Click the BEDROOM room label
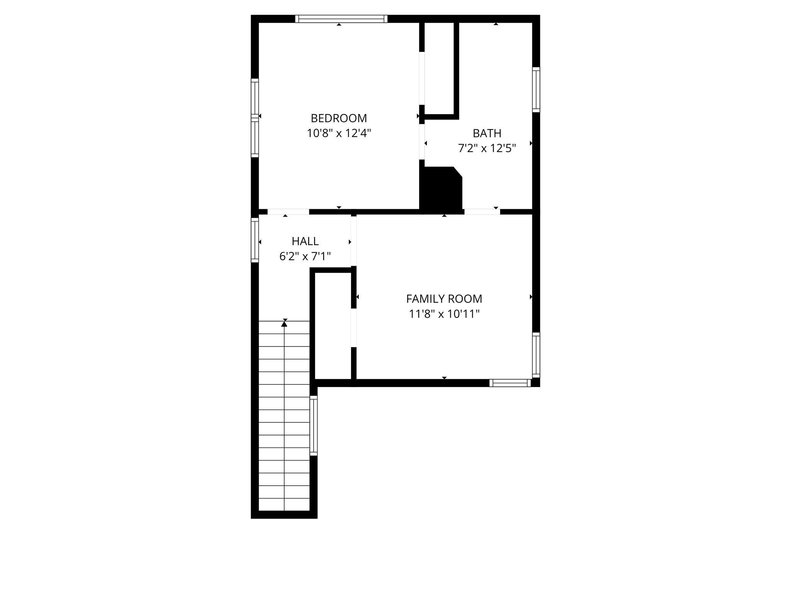339,118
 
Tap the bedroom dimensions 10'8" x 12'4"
339,133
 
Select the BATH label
487,133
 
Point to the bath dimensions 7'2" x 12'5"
487,148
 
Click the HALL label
305,241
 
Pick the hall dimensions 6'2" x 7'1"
305,256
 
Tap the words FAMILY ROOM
444,299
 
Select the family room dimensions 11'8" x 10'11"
444,314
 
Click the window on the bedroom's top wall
341,19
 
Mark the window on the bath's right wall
536,90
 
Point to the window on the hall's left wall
255,240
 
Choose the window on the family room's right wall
536,355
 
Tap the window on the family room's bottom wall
510,383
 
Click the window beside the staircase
314,426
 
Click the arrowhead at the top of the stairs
285,324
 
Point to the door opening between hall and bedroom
288,212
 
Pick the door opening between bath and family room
482,212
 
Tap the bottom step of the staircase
284,504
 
